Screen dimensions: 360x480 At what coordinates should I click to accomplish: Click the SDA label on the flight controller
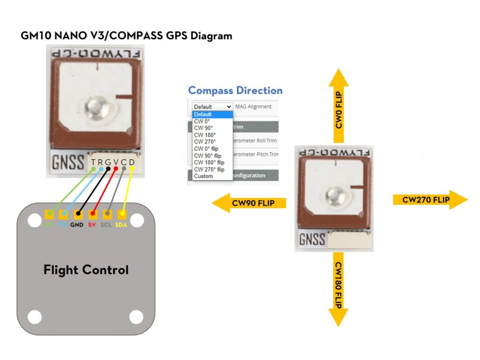122,225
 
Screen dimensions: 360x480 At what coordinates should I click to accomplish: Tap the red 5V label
92,225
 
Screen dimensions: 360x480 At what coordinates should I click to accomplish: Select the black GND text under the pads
76,225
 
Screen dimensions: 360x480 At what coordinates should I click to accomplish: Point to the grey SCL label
106,225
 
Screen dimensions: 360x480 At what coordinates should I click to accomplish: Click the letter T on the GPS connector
94,163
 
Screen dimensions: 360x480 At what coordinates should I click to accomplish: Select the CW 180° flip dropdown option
209,163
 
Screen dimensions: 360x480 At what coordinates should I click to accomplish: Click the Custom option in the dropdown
203,176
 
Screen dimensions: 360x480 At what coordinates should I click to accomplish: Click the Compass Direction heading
235,90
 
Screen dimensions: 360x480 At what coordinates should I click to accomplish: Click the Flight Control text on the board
86,270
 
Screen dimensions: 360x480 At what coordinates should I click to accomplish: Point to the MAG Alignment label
253,106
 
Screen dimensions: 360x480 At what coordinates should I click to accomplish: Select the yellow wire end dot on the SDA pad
122,214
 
